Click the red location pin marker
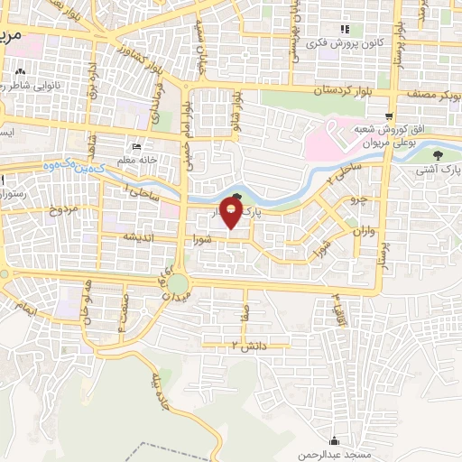coord(232,213)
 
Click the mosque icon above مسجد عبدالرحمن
coord(334,441)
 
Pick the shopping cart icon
coord(389,115)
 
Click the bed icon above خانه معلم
coord(136,147)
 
